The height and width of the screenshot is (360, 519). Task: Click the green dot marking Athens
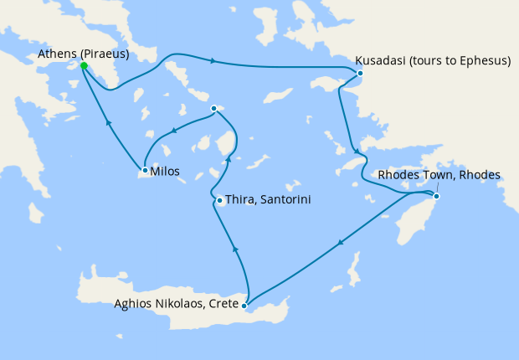coord(84,65)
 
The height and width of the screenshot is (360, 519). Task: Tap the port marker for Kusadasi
coord(360,74)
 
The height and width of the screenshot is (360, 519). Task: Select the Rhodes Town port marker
coord(435,196)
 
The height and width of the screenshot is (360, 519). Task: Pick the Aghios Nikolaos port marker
coord(244,306)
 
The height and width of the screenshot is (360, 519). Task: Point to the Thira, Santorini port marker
coord(218,200)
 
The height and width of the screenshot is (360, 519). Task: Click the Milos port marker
coord(144,171)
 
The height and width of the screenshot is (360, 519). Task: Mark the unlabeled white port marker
coord(214,108)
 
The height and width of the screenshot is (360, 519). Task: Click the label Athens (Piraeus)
coord(83,54)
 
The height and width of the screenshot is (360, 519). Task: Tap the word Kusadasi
coord(382,61)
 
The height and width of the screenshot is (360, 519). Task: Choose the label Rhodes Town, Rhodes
coord(439,175)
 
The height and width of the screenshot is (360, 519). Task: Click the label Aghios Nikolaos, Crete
coord(175,304)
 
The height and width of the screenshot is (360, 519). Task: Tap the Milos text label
coord(164,171)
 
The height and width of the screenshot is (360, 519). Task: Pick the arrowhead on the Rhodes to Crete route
coord(341,244)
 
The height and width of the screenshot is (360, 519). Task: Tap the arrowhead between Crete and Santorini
coord(235,248)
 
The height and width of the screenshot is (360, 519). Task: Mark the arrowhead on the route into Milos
coord(174,130)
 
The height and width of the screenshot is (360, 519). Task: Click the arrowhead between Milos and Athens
coord(108,122)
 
